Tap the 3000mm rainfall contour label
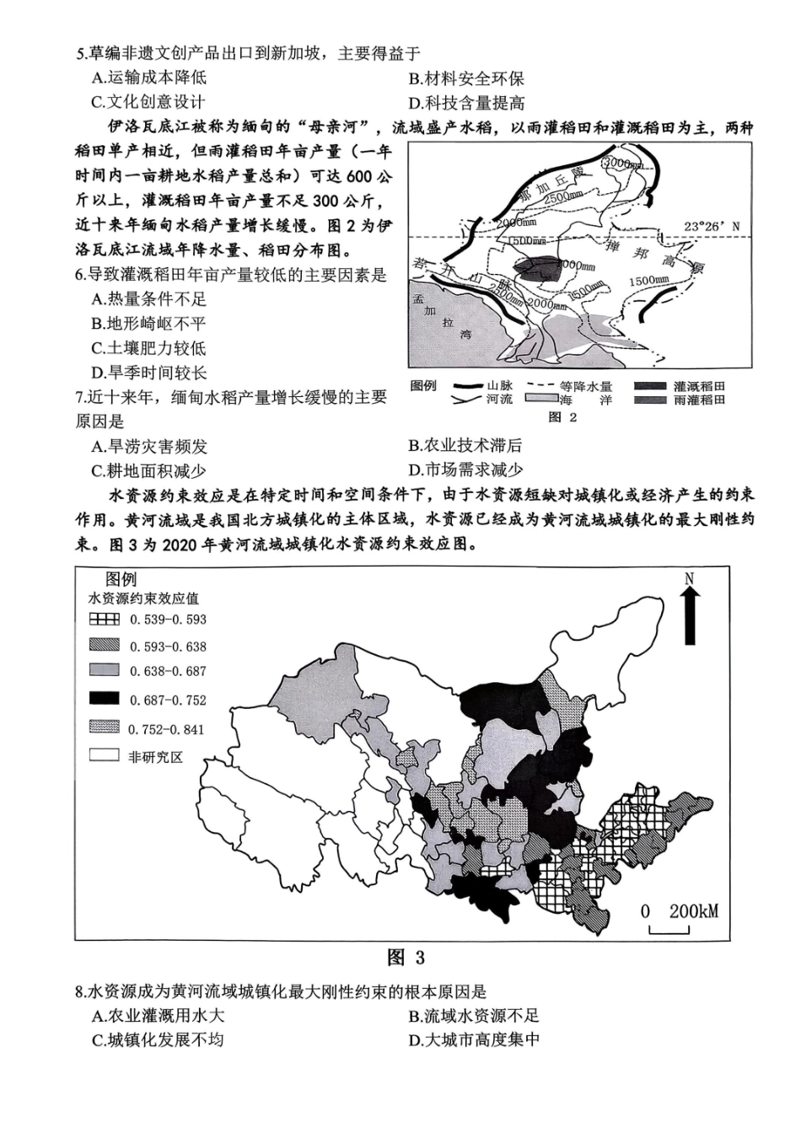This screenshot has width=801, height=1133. coord(623,162)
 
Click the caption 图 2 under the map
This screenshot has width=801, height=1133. coord(562,417)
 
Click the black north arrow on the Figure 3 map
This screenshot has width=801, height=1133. coord(690,615)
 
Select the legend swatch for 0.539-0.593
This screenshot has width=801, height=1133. coord(105,619)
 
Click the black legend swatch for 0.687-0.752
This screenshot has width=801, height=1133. coord(105,699)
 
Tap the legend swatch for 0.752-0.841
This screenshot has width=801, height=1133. coord(105,728)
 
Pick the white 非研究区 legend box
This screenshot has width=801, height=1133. coord(105,756)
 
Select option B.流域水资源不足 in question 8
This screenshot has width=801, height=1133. coord(473,1016)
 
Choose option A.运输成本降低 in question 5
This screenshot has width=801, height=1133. coord(148,78)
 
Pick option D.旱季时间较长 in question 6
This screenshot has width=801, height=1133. coord(148,373)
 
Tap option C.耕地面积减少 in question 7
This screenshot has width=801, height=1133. coord(148,470)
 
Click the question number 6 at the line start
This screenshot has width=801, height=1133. coord(79,275)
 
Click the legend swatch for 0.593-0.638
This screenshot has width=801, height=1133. coord(105,646)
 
